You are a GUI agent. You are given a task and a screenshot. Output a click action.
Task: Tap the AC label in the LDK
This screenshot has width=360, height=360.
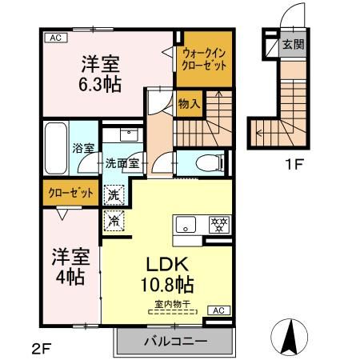[218, 309]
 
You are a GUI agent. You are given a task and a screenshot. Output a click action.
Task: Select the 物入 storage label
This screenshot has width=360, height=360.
[189, 104]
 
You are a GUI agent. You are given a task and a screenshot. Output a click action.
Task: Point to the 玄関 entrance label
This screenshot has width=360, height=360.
[293, 44]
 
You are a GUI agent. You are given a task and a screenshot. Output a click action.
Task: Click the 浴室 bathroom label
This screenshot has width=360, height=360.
[83, 148]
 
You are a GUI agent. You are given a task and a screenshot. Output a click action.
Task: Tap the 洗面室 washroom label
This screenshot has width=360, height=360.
[122, 163]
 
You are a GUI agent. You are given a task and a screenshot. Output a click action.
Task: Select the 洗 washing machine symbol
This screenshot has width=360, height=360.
[114, 193]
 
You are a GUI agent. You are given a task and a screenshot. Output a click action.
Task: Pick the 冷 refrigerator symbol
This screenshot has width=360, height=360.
[114, 218]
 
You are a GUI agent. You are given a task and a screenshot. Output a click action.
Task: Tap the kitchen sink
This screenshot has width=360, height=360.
[186, 225]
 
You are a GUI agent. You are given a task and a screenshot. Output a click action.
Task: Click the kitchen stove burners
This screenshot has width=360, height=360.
[218, 225]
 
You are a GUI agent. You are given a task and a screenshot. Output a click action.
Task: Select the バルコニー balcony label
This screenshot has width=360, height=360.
[175, 341]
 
